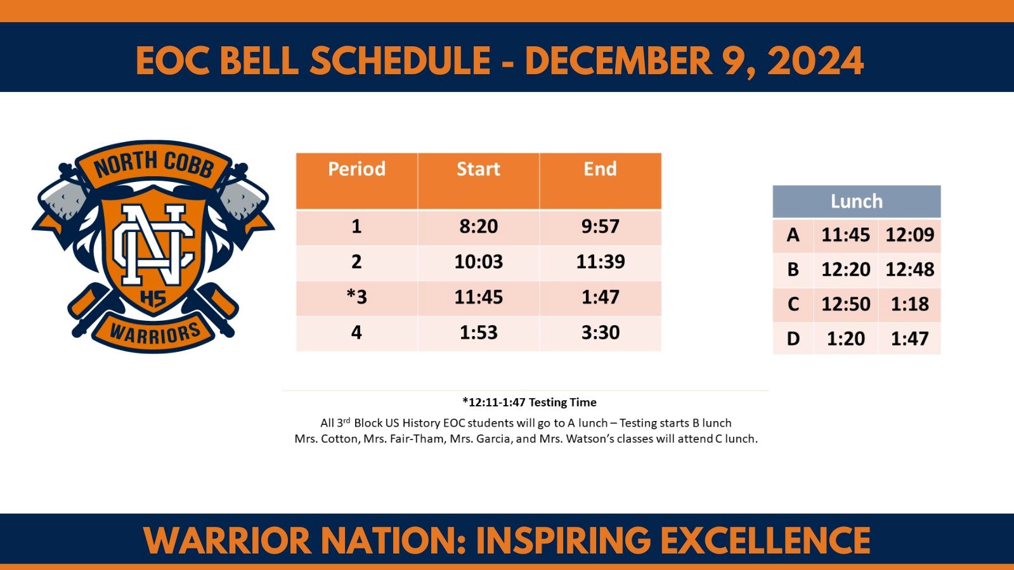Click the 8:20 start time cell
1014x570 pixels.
(x=478, y=226)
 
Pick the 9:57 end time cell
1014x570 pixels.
(x=600, y=226)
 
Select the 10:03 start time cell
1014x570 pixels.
(x=478, y=262)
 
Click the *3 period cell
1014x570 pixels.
(x=356, y=297)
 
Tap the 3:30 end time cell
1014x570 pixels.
(x=600, y=333)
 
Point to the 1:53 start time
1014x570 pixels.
(x=478, y=333)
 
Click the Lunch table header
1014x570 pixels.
(x=856, y=202)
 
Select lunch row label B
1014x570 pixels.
(x=793, y=269)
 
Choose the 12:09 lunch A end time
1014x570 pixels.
(x=909, y=235)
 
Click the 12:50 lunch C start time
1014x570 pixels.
(x=845, y=304)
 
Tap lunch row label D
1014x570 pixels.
(x=793, y=339)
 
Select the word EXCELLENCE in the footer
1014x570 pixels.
(x=765, y=541)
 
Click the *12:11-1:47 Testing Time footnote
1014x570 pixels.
(x=529, y=402)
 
